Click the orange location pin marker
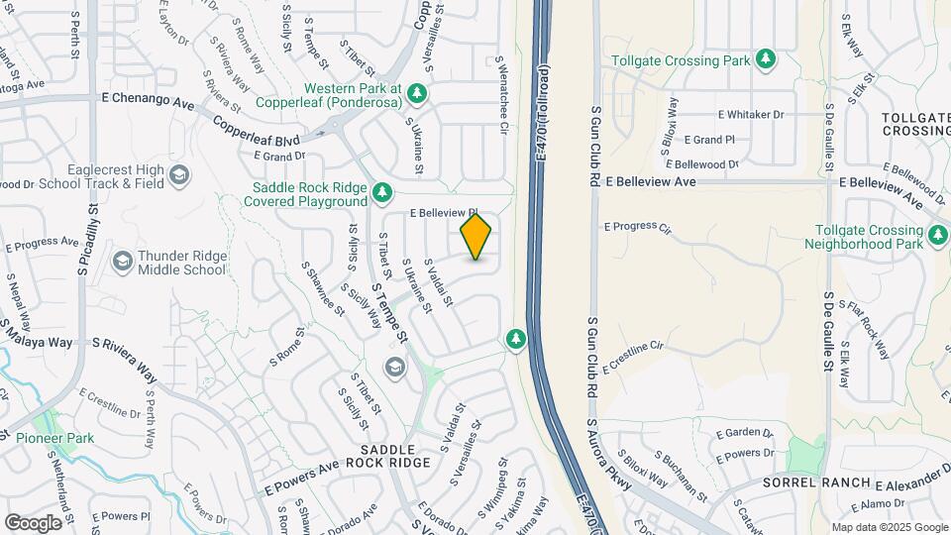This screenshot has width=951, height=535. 476,236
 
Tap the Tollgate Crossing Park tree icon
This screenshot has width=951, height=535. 766,60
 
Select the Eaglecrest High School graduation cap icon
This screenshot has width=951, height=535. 179,176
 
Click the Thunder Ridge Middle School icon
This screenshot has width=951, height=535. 123,262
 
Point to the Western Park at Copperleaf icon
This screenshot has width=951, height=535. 418,93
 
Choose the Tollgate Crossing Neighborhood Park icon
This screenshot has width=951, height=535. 938,235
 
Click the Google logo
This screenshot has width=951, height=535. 33,522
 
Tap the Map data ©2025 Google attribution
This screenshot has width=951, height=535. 890,527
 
